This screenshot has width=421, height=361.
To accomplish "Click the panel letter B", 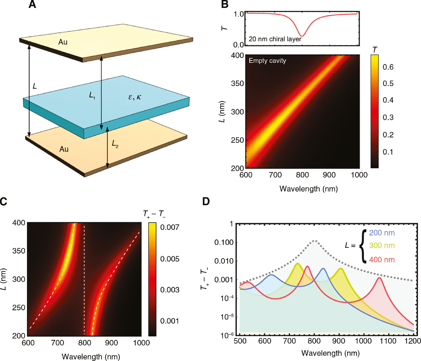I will click(225, 4).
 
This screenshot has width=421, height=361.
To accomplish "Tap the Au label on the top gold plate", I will click(63, 42).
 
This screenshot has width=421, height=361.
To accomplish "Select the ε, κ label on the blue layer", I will click(135, 97).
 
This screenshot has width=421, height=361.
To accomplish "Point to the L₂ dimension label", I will click(115, 144).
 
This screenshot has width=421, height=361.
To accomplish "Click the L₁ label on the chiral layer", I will click(92, 95).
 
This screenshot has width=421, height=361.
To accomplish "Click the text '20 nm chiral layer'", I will click(275, 39).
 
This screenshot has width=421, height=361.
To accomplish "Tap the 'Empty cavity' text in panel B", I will click(267, 61).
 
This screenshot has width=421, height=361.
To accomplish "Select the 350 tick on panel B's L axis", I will click(237, 83).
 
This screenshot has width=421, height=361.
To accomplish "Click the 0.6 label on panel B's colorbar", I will click(388, 67).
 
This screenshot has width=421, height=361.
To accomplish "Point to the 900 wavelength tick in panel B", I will click(329, 175).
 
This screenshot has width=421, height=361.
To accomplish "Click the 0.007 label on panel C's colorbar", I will click(169, 227).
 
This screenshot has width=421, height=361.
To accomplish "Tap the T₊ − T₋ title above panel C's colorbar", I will click(154, 213).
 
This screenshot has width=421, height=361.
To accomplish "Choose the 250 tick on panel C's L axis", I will click(19, 308).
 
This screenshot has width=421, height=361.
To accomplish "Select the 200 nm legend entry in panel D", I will click(382, 233).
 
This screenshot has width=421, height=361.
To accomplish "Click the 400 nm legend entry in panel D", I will click(382, 260).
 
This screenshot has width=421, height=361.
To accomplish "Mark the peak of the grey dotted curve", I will click(314, 240).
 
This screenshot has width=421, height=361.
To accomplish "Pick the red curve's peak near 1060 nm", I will click(379, 278).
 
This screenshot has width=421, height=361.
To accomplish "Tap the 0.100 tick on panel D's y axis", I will click(224, 242).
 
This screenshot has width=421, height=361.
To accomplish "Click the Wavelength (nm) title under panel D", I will click(330, 353).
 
